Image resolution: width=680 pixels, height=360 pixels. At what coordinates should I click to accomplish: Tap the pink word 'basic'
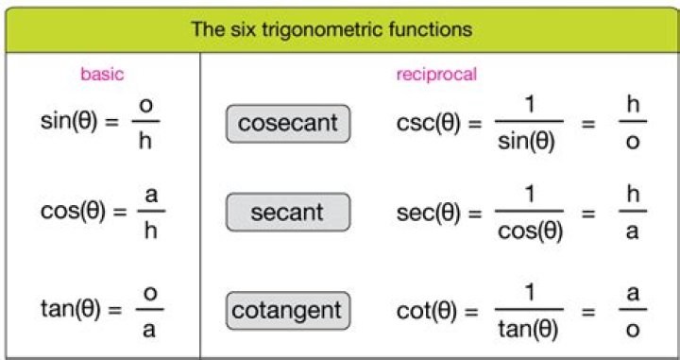(x=102, y=75)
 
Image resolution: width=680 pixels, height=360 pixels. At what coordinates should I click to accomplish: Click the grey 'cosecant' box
(x=287, y=123)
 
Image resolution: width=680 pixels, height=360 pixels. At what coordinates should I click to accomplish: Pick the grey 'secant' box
(x=287, y=213)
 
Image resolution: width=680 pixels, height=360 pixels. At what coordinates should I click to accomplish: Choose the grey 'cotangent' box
(x=287, y=308)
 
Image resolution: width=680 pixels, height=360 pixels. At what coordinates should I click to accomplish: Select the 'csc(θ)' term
(x=430, y=123)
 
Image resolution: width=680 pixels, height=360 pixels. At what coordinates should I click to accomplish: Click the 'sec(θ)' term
(x=430, y=213)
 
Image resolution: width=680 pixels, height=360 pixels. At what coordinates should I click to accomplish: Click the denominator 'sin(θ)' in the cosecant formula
(x=528, y=143)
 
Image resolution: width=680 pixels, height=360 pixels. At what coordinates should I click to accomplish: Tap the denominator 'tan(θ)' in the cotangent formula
(x=528, y=328)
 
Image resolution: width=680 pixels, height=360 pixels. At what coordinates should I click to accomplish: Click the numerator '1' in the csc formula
(x=528, y=105)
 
